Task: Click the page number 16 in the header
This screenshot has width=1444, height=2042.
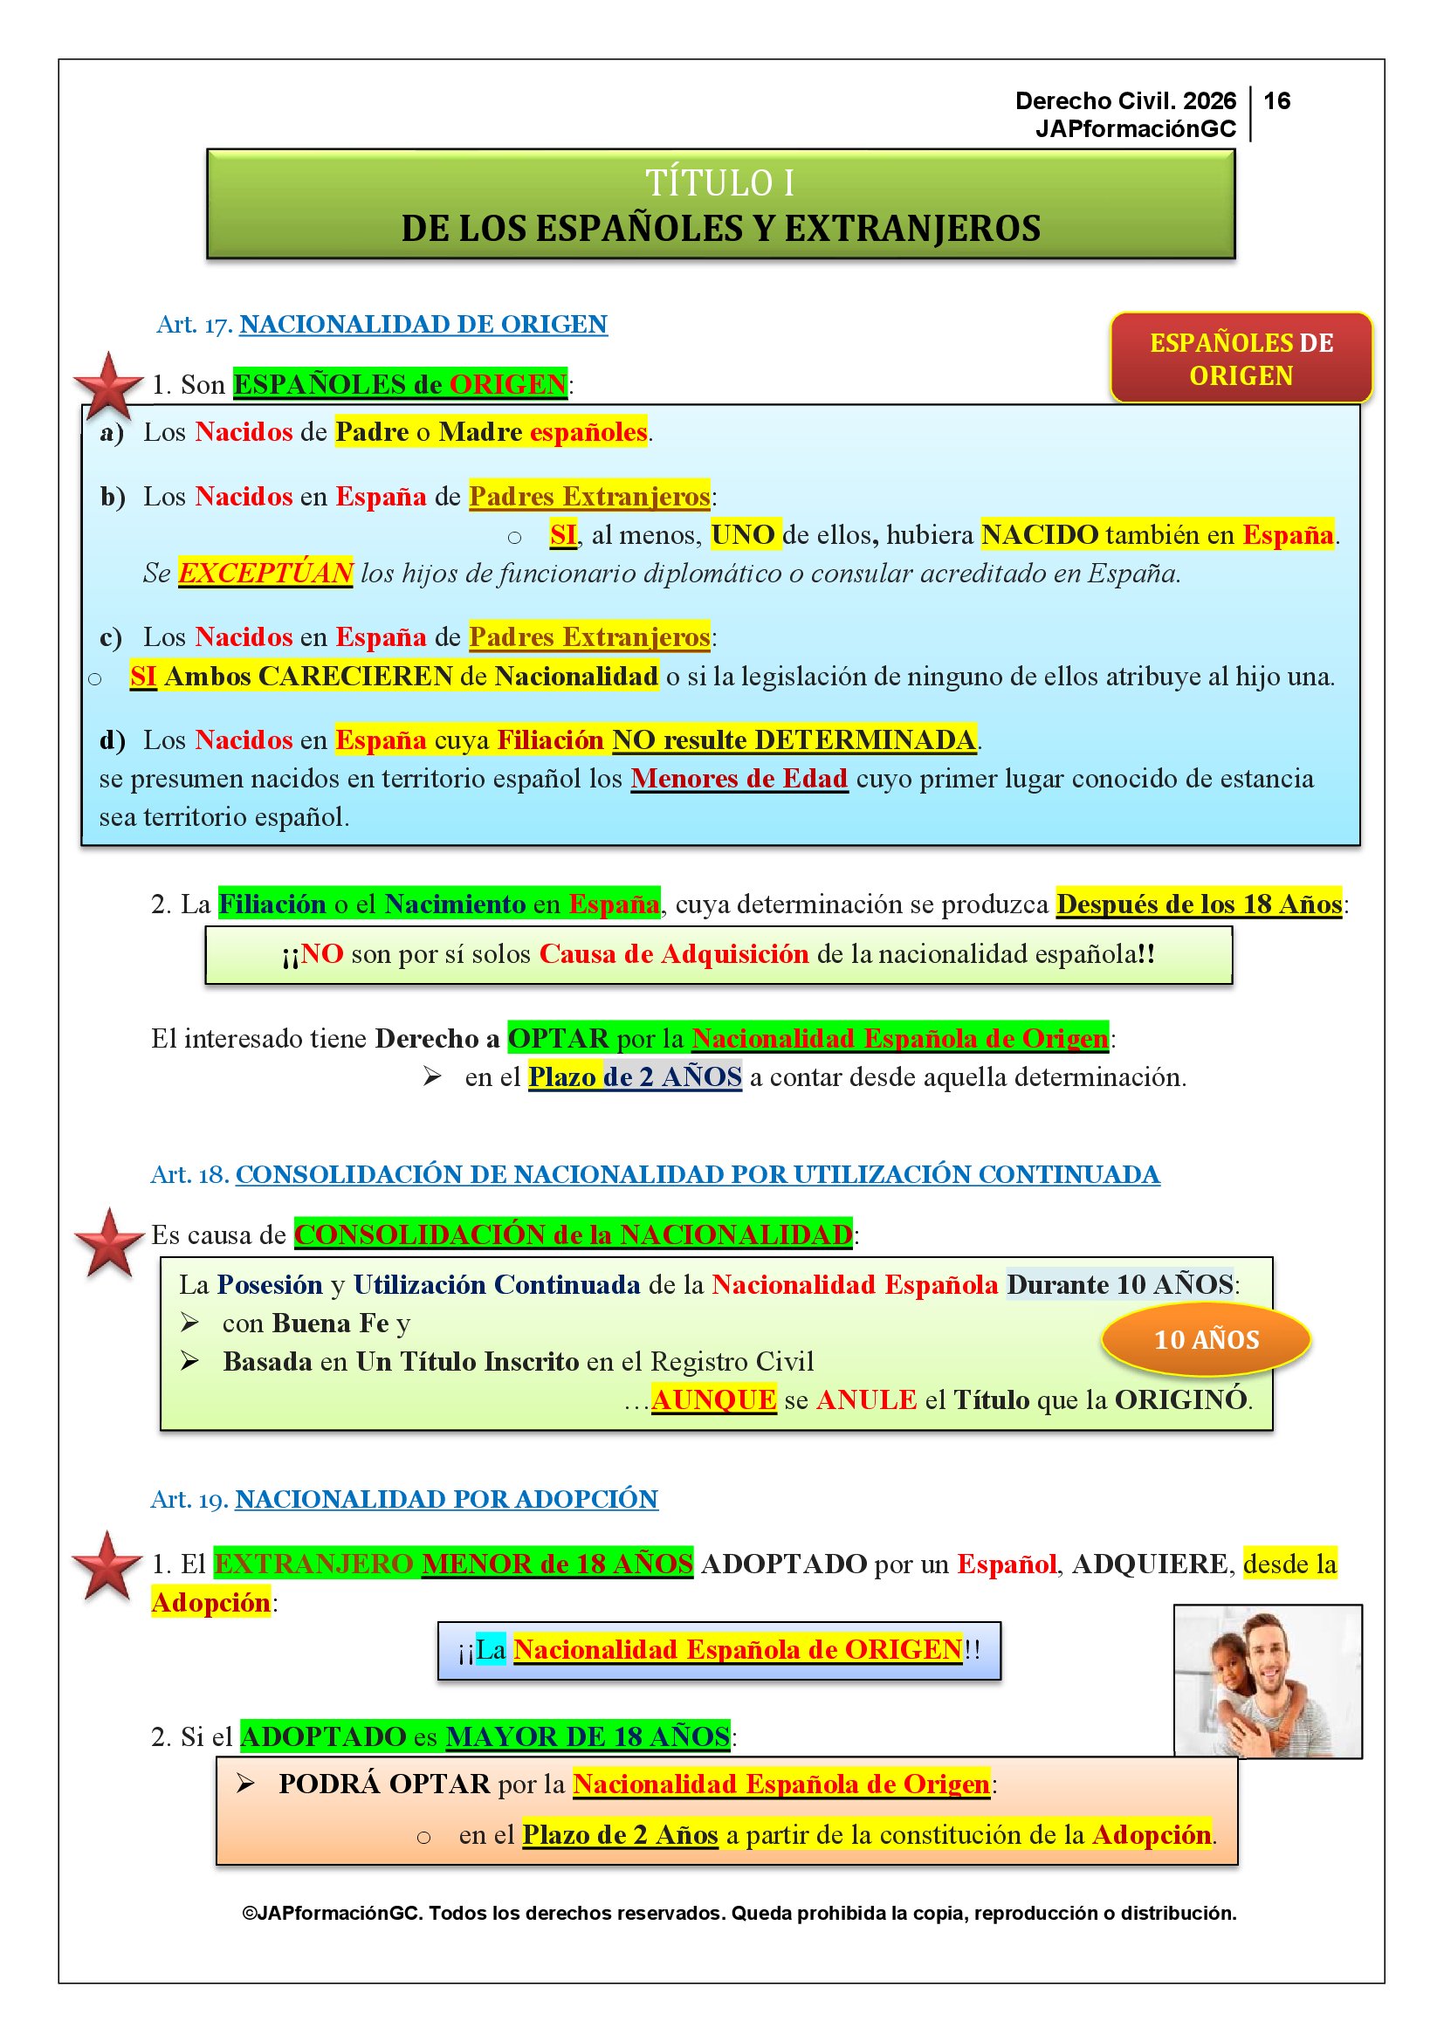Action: [1277, 100]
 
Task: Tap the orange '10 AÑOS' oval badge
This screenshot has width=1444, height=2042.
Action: [1206, 1338]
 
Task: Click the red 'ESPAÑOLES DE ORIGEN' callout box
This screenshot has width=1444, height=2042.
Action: [1241, 359]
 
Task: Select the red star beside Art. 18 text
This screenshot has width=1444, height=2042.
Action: [108, 1242]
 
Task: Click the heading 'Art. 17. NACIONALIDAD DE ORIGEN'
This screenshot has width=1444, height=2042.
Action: [382, 325]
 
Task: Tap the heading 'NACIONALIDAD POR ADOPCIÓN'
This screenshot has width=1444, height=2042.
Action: [445, 1499]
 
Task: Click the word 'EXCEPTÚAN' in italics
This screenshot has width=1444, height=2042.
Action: [265, 573]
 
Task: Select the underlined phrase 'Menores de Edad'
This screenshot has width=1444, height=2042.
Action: [739, 778]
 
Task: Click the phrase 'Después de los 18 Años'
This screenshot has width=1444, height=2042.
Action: [1198, 904]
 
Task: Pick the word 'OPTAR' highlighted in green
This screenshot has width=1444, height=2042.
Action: [559, 1038]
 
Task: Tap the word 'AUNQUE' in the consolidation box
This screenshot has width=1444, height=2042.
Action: [713, 1399]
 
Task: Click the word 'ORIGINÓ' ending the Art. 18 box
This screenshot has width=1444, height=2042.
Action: [1182, 1399]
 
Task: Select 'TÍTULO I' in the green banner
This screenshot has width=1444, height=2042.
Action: [719, 183]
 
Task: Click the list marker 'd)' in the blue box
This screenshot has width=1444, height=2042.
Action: [112, 740]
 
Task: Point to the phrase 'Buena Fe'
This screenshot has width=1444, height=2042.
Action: [331, 1324]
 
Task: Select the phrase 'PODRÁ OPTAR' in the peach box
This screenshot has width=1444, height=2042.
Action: [384, 1784]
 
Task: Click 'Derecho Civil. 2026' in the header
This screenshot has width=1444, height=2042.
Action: [1124, 100]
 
